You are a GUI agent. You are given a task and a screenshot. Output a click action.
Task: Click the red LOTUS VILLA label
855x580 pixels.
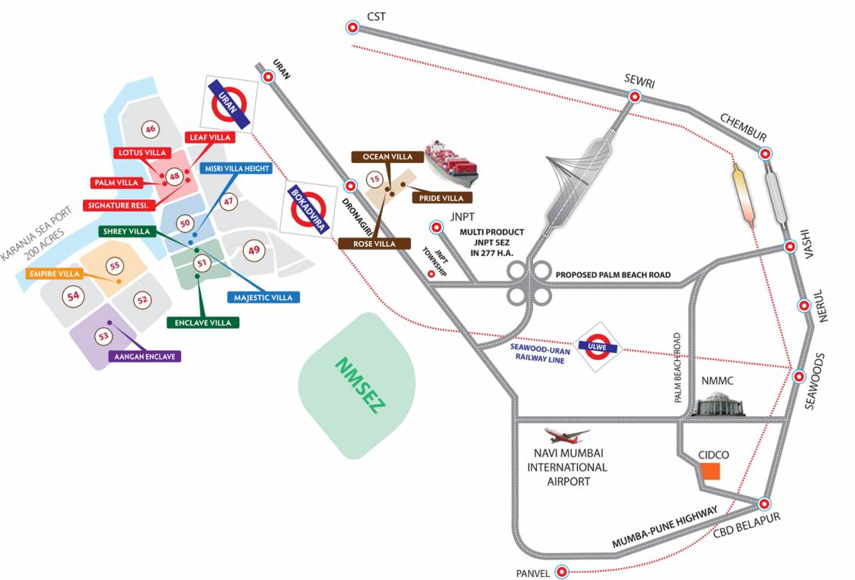pos(140,153)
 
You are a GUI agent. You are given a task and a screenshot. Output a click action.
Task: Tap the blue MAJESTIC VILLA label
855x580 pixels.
pos(263,298)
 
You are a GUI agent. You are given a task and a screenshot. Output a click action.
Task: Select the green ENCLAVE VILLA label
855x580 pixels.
pos(202,322)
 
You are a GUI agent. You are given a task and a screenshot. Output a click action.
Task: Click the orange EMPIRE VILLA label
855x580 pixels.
pos(54,274)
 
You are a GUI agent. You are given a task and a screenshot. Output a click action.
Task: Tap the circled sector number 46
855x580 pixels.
pos(150,129)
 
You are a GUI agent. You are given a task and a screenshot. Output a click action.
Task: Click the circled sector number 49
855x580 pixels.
pos(255,250)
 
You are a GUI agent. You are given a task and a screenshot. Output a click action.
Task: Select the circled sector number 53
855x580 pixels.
pos(103,335)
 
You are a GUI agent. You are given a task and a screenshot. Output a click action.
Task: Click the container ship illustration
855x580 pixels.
pos(450,165)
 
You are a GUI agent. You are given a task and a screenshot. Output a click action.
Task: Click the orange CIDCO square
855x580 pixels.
pos(710,472)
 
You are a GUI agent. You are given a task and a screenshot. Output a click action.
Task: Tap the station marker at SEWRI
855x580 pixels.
pos(634,97)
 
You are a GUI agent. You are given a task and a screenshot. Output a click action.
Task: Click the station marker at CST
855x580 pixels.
pos(352,28)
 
